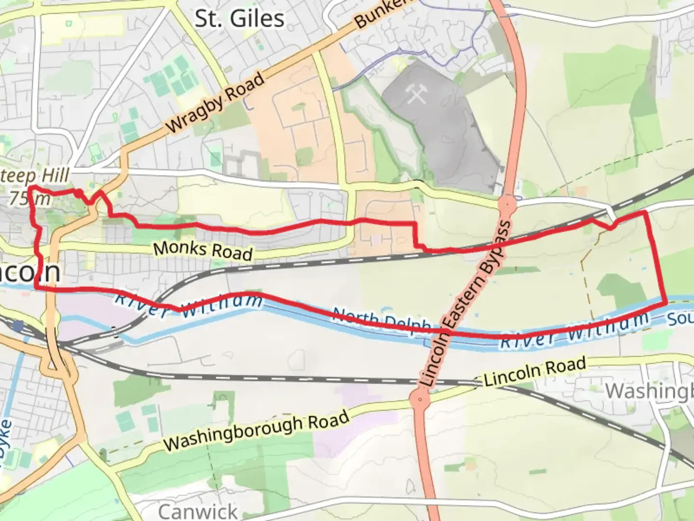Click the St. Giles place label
tap(239, 19)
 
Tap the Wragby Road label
tap(215, 103)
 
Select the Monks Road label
tap(203, 250)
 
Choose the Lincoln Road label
tap(535, 371)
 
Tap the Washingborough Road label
tap(256, 431)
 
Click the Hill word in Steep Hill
tap(55, 176)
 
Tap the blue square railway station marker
tap(18, 327)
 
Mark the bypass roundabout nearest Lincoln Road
tap(420, 399)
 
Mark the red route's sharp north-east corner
tap(645, 212)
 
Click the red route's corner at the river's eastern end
tap(666, 302)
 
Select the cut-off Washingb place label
tap(649, 391)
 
